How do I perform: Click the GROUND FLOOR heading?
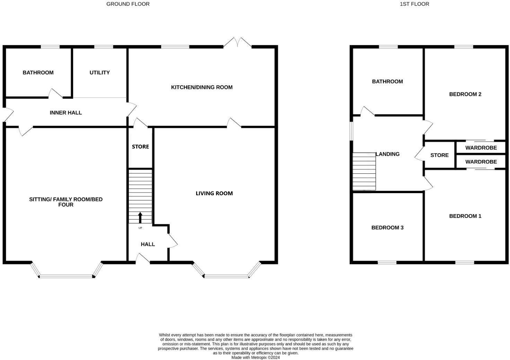[x=128, y=4]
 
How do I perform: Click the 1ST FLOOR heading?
[x=414, y=4]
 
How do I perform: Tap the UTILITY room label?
[x=99, y=73]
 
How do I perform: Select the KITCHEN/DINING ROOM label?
[x=202, y=87]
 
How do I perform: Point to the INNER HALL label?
[x=66, y=113]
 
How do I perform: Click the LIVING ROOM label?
[x=214, y=193]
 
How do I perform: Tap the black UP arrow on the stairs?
[x=140, y=218]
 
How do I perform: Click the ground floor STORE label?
[x=140, y=147]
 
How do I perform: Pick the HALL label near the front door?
[x=148, y=244]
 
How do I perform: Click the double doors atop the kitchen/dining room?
[x=237, y=42]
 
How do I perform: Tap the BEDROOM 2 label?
[x=465, y=94]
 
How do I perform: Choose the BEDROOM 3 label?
[x=387, y=228]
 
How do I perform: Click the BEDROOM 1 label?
[x=465, y=216]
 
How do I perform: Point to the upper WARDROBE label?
[x=481, y=148]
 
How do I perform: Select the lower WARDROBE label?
[x=481, y=162]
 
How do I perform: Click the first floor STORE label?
[x=439, y=155]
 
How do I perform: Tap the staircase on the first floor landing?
[x=364, y=171]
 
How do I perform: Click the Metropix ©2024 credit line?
[x=255, y=358]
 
